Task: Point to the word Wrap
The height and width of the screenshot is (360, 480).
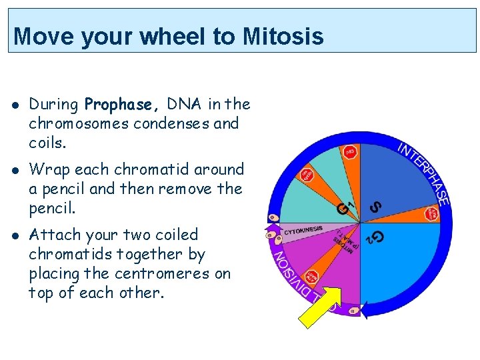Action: click(48, 170)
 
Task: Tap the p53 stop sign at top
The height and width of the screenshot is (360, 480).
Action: click(351, 153)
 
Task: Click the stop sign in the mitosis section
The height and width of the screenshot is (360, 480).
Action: click(311, 277)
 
